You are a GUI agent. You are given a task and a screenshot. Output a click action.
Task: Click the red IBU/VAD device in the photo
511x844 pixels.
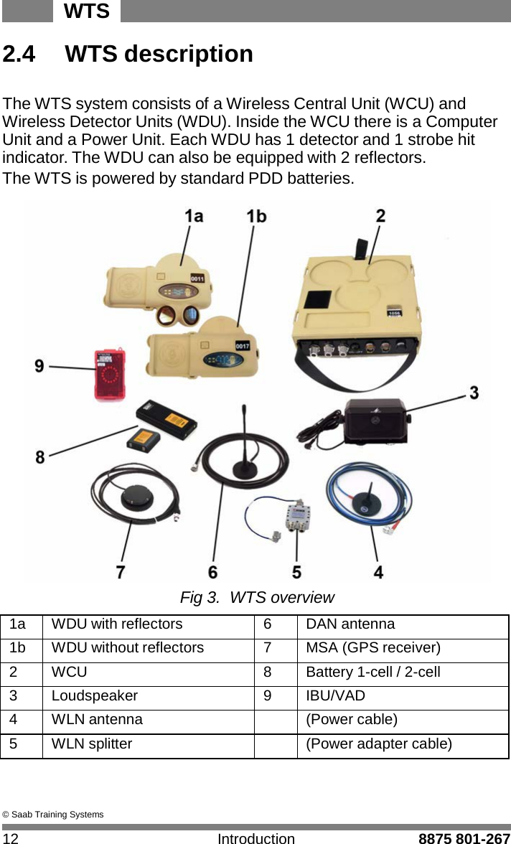[108, 374]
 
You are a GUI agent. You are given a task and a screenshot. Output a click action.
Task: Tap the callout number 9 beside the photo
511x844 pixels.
[39, 366]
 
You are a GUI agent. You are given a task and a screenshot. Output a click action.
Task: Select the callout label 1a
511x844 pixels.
[194, 216]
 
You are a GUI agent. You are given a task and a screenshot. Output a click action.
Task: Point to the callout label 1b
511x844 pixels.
[255, 216]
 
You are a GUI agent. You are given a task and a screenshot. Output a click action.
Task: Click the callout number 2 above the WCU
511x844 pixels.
[380, 215]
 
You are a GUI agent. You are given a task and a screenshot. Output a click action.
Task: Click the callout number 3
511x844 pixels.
[474, 393]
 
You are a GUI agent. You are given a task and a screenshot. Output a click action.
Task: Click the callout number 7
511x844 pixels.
[121, 572]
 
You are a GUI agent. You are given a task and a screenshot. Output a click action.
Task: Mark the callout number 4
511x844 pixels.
[378, 572]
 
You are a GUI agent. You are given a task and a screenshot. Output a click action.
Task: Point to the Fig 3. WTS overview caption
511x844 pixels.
[256, 597]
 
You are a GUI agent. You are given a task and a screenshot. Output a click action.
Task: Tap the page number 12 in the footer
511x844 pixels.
[11, 838]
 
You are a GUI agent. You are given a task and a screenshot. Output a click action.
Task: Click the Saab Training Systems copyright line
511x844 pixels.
[53, 814]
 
